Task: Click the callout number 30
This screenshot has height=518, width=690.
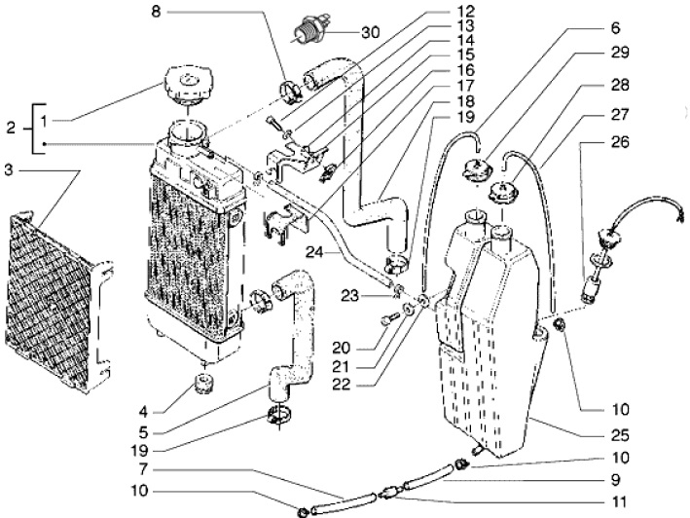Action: (x=371, y=32)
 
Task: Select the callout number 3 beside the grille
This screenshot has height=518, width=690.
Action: (x=9, y=170)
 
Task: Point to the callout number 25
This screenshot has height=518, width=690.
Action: (x=621, y=435)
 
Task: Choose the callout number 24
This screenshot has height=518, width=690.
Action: (x=315, y=253)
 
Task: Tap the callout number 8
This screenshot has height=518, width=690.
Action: (x=156, y=12)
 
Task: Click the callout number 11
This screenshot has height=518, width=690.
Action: (x=621, y=501)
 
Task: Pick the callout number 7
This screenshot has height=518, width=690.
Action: (x=142, y=469)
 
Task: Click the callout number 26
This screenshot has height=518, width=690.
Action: (x=621, y=142)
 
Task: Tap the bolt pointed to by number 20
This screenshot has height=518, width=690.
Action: (x=388, y=320)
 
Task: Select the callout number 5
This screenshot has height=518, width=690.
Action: (x=143, y=433)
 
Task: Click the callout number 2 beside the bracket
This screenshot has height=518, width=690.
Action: (x=11, y=129)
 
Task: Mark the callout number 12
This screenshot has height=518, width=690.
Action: (x=466, y=12)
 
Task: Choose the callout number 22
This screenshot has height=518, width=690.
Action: (x=341, y=385)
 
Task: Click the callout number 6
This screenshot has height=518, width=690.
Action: (x=616, y=28)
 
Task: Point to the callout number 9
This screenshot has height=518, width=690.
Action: (x=616, y=480)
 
